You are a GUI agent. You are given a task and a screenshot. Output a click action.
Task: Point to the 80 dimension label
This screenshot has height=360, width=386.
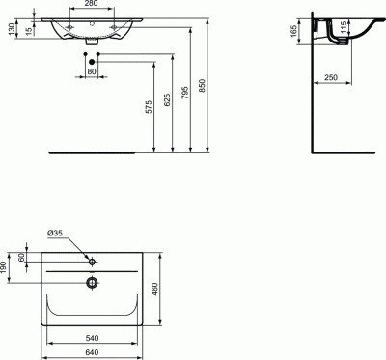[x=91, y=72]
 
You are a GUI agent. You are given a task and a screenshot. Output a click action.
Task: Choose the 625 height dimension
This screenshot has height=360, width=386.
[x=168, y=100]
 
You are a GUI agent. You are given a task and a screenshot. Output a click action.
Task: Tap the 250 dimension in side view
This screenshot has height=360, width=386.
[x=330, y=77]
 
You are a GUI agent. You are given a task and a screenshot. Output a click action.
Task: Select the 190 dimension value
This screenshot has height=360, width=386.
[x=6, y=268]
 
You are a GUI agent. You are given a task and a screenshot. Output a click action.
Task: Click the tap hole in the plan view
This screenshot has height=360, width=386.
[x=92, y=262]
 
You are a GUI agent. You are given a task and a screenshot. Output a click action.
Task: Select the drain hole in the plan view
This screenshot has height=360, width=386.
[x=92, y=283]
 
